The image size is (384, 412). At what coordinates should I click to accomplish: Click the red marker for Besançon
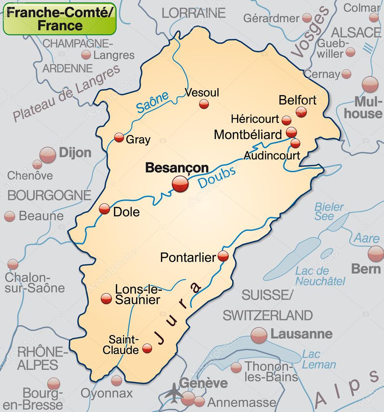tap(180, 184)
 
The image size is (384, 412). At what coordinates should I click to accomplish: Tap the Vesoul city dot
tap(204, 104)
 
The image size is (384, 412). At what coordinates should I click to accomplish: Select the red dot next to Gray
tap(119, 138)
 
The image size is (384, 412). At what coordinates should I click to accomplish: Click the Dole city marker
tap(104, 209)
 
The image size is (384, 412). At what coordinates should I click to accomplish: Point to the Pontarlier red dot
tap(223, 256)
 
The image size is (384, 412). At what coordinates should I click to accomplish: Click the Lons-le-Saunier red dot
tap(106, 298)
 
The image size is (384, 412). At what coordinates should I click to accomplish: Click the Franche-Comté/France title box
tap(60, 19)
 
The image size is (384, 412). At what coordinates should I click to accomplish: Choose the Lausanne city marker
tap(259, 335)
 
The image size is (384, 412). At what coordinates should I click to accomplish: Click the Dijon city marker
tap(47, 155)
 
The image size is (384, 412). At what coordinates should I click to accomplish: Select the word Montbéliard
tap(248, 135)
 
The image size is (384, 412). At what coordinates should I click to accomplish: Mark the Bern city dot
tap(376, 254)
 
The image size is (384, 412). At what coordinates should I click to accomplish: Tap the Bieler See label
tap(329, 211)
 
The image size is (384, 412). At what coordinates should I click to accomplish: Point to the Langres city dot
tap(86, 55)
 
